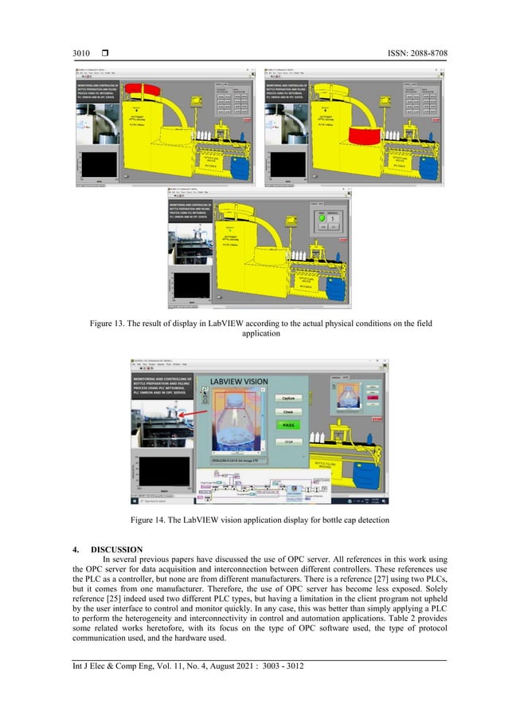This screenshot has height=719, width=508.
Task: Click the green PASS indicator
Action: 290,426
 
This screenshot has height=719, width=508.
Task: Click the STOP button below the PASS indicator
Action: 290,440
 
